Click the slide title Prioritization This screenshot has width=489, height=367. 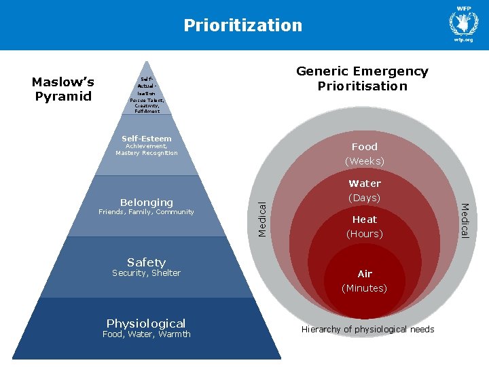point(242,25)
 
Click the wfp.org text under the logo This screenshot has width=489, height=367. point(464,40)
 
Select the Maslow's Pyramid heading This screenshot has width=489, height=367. point(63,89)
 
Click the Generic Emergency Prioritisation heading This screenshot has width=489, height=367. point(362,78)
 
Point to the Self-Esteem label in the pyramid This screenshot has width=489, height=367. point(146,139)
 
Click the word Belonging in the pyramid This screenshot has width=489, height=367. point(146,202)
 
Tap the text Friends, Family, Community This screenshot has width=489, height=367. point(146,212)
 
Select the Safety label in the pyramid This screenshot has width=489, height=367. point(146,262)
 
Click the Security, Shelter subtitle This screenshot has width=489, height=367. point(146,273)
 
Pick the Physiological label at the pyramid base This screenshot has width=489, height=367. point(146,323)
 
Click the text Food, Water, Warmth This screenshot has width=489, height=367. point(146,334)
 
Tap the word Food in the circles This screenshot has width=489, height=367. point(364,146)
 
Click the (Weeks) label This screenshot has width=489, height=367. point(364,161)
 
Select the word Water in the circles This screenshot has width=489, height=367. point(365,183)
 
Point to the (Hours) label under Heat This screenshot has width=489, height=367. point(365,234)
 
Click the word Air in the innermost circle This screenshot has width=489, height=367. point(365,274)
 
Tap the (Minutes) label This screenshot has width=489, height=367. point(365,288)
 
